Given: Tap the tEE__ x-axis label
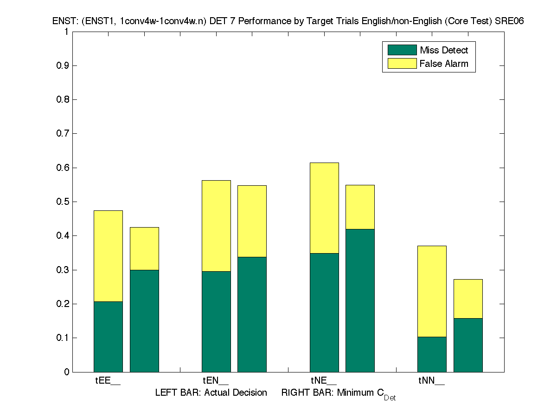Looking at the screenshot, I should (108, 381).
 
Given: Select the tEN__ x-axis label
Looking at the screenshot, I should (216, 381).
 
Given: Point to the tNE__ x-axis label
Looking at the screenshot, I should (324, 381).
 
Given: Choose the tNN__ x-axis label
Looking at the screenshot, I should (432, 381).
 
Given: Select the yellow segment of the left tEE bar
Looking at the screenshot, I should (108, 256).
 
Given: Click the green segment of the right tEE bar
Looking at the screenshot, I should (144, 320).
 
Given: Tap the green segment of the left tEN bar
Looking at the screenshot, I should (216, 321).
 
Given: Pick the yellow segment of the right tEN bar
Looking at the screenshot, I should (252, 221).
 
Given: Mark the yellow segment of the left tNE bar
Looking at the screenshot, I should (324, 208).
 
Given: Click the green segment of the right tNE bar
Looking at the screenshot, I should (360, 300).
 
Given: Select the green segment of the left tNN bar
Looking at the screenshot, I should (432, 354).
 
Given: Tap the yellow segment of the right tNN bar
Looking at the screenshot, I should (468, 299).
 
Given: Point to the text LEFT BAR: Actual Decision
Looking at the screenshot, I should (211, 393).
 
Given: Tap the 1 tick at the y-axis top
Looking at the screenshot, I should (66, 32).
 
